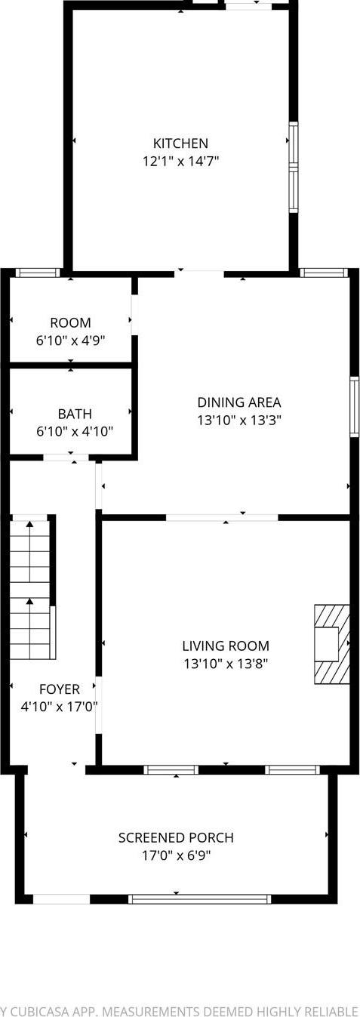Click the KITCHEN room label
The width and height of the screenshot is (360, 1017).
click(x=180, y=143)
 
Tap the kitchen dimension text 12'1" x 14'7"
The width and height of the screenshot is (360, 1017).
click(x=180, y=161)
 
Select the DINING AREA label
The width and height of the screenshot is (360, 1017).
click(x=239, y=402)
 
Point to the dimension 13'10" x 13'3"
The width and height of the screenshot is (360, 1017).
click(x=239, y=421)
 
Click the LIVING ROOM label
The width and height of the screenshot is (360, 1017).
click(x=226, y=646)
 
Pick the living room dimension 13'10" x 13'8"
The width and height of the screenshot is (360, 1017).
click(x=226, y=664)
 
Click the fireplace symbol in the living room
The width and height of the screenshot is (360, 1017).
click(x=332, y=643)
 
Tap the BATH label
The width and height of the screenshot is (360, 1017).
click(x=75, y=414)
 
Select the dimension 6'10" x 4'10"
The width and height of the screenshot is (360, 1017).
click(x=75, y=432)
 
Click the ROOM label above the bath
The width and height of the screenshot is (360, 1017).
click(x=70, y=322)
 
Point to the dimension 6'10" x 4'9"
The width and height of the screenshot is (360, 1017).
click(x=70, y=341)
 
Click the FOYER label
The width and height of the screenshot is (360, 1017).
click(x=60, y=689)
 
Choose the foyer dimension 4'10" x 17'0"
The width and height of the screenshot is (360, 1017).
click(x=60, y=707)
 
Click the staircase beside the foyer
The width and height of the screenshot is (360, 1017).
click(x=31, y=589)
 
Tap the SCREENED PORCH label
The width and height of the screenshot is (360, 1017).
click(x=176, y=838)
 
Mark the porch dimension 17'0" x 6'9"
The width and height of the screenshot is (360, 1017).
click(x=176, y=856)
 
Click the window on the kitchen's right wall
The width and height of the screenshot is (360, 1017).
click(x=294, y=168)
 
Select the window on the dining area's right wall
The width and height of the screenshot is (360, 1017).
click(x=354, y=407)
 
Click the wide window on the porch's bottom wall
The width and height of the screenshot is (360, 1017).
click(x=199, y=899)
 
